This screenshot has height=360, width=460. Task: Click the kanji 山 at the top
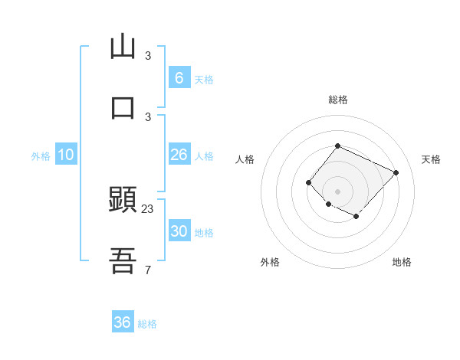[x=123, y=47]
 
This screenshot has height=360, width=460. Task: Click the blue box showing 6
[x=179, y=77]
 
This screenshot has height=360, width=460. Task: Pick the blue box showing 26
[x=179, y=155]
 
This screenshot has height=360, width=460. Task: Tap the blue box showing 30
[x=179, y=231]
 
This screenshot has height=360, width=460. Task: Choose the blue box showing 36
[x=123, y=322]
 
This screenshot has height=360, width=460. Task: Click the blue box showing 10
[x=66, y=155]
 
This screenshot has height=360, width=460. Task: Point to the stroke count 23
[x=148, y=208]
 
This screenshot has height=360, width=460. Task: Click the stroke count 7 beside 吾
[x=148, y=270]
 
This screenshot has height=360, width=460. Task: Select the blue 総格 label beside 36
[x=147, y=324]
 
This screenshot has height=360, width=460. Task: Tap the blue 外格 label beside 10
[x=41, y=156]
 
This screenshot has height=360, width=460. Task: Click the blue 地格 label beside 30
[x=204, y=233]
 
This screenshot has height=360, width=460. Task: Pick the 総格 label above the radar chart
[x=337, y=100]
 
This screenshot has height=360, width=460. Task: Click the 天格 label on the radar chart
[x=431, y=159]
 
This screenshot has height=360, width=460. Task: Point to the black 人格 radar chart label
[x=245, y=159]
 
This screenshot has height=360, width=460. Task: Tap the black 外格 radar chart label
[x=270, y=262]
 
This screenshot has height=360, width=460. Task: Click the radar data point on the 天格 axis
[x=396, y=172]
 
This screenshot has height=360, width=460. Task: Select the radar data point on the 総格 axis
[x=337, y=146]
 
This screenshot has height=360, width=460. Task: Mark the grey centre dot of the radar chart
[x=337, y=191]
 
